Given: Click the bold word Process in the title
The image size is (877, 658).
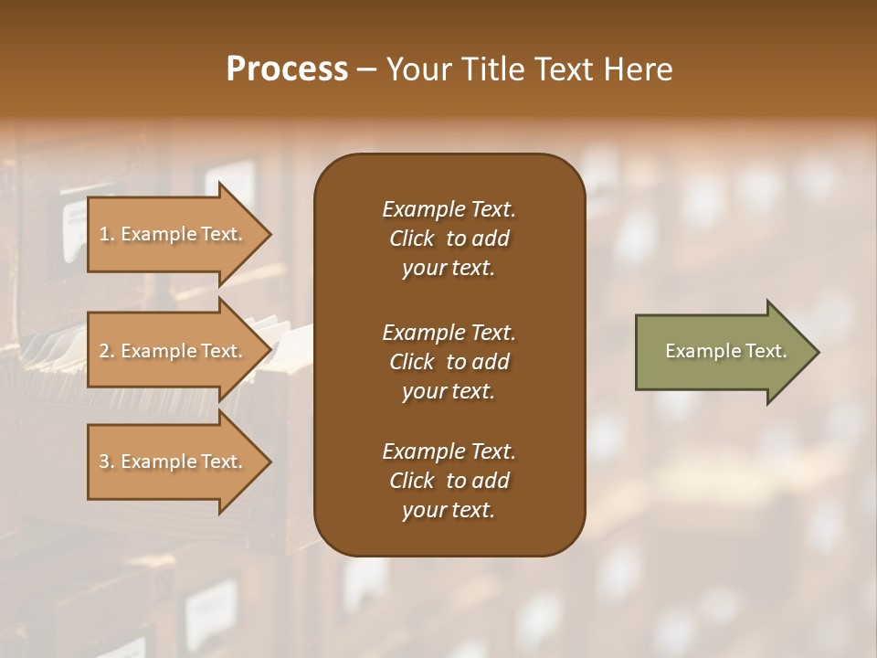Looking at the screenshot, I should [x=287, y=69].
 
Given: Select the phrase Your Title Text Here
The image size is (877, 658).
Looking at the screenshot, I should [x=529, y=69].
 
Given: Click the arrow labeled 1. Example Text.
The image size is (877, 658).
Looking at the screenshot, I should [x=174, y=234].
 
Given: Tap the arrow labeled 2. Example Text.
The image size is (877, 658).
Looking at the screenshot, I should [x=174, y=351].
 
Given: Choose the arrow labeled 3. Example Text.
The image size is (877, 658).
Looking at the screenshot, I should [x=174, y=462].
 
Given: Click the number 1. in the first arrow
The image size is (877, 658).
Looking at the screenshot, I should [x=107, y=234].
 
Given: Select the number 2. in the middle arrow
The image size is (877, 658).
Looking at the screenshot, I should [x=107, y=351].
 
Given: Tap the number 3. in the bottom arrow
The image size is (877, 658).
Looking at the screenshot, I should [x=107, y=462].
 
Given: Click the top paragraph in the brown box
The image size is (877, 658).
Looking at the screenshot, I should [x=449, y=239].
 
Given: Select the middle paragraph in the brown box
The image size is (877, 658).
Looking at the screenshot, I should [x=449, y=361].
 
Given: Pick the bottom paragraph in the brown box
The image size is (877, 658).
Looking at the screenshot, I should [x=449, y=481].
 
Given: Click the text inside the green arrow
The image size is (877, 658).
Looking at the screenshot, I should [x=726, y=351].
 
